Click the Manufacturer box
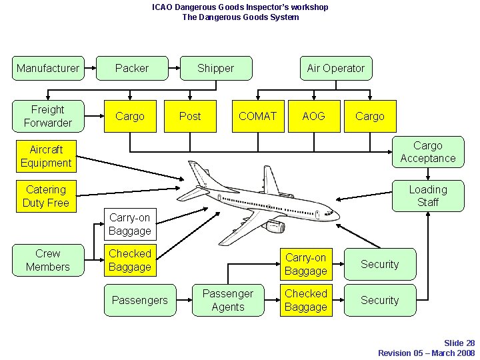click(x=48, y=68)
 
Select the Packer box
click(x=132, y=68)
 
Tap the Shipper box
click(x=215, y=68)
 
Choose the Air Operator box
click(x=335, y=68)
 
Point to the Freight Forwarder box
click(x=48, y=116)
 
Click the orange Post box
click(x=190, y=116)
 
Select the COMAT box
click(x=257, y=116)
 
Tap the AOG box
click(x=313, y=116)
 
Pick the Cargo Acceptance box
click(x=427, y=152)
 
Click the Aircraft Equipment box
click(x=46, y=156)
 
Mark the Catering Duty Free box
click(x=46, y=196)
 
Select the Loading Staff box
click(x=427, y=196)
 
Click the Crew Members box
click(x=48, y=260)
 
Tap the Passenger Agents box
click(x=228, y=300)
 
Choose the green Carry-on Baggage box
click(x=130, y=224)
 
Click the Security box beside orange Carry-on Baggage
click(x=379, y=264)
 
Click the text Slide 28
click(x=459, y=343)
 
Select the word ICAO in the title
click(x=162, y=7)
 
